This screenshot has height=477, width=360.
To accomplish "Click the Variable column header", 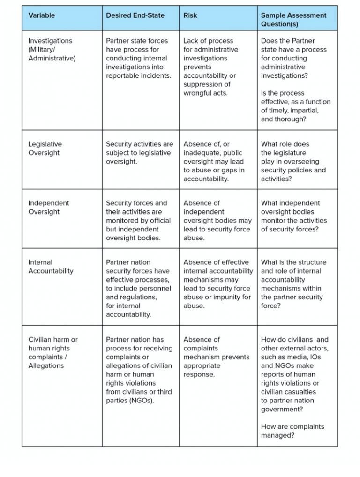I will [42, 15].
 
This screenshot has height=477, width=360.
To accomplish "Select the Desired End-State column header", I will [135, 15].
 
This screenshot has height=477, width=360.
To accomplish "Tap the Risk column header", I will [190, 15].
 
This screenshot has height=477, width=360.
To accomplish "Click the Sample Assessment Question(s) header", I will [293, 20].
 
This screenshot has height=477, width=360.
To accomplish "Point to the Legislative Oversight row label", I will [45, 149].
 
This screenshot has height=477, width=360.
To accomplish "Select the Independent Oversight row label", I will [48, 208].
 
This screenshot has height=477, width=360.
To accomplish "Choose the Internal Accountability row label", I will [51, 267].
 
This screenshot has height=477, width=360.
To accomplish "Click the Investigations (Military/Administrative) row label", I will [52, 50].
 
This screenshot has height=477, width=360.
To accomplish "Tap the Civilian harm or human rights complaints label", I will [53, 352].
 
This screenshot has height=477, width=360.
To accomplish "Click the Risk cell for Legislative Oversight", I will [213, 162].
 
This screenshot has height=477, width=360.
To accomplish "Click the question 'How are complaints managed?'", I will [292, 431].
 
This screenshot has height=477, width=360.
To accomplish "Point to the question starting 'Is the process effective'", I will [295, 106].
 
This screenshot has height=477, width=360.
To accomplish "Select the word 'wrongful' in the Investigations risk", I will [198, 93].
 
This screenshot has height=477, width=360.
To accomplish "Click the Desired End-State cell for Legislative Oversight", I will [139, 153].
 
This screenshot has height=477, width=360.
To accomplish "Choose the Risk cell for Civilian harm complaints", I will [216, 357].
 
